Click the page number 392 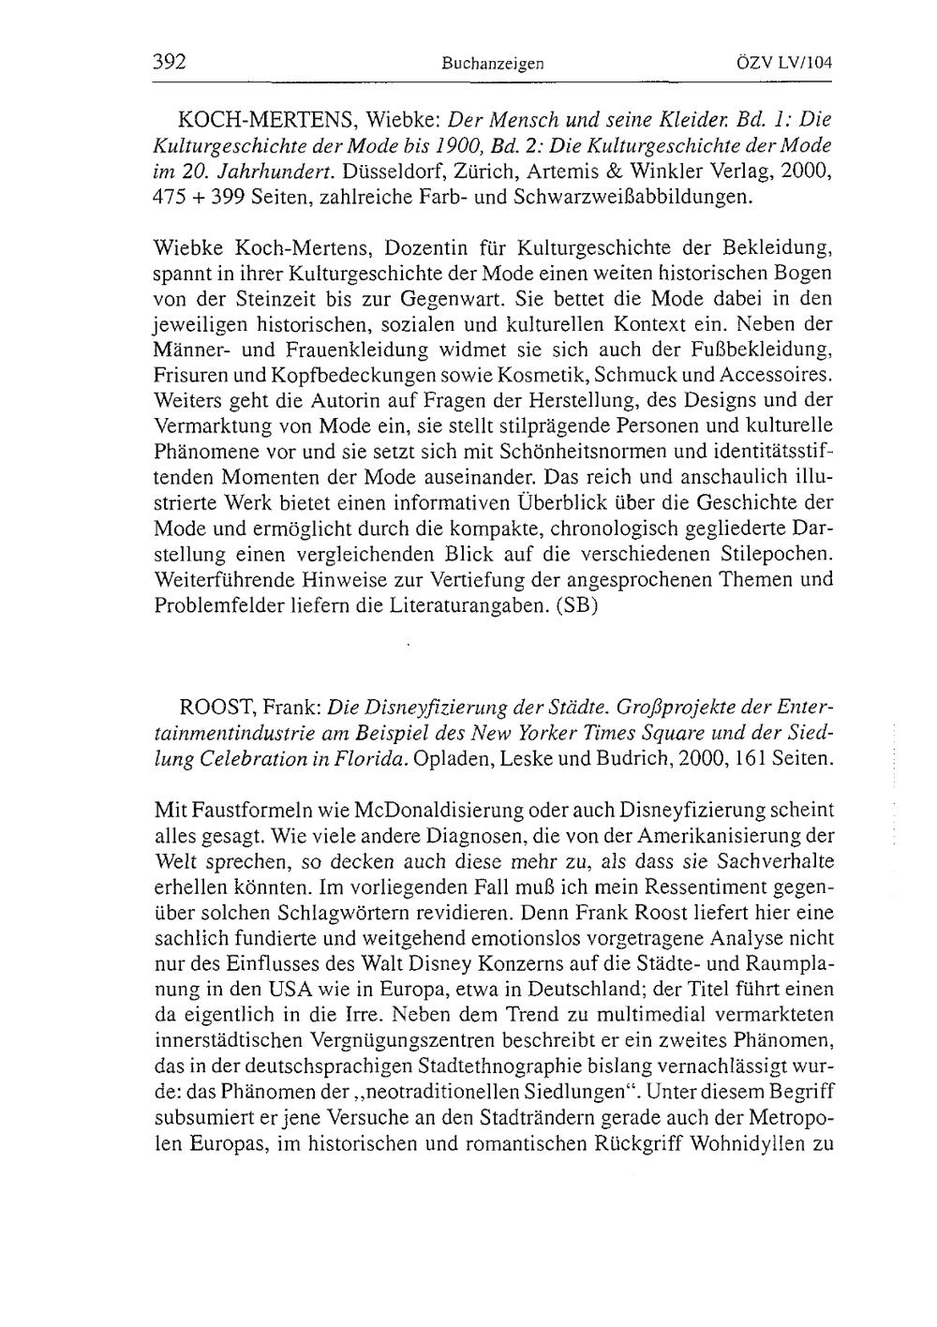[170, 63]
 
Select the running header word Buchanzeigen [494, 65]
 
